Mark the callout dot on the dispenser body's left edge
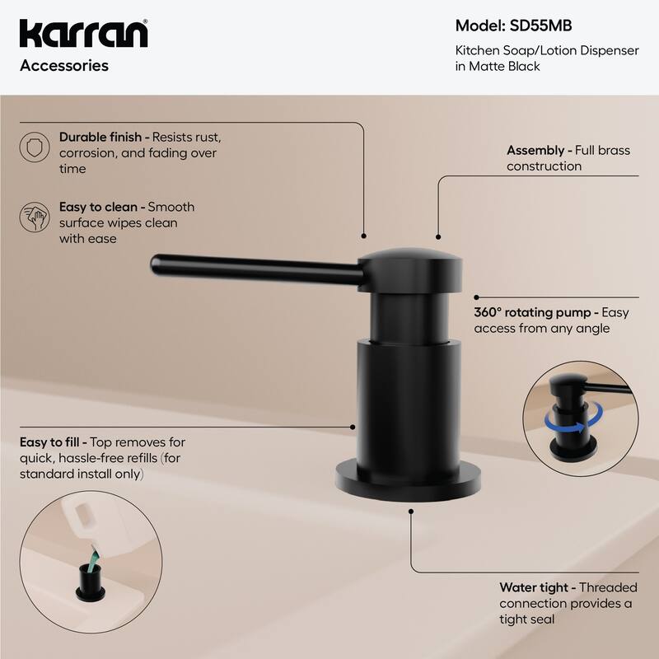(x=354, y=426)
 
